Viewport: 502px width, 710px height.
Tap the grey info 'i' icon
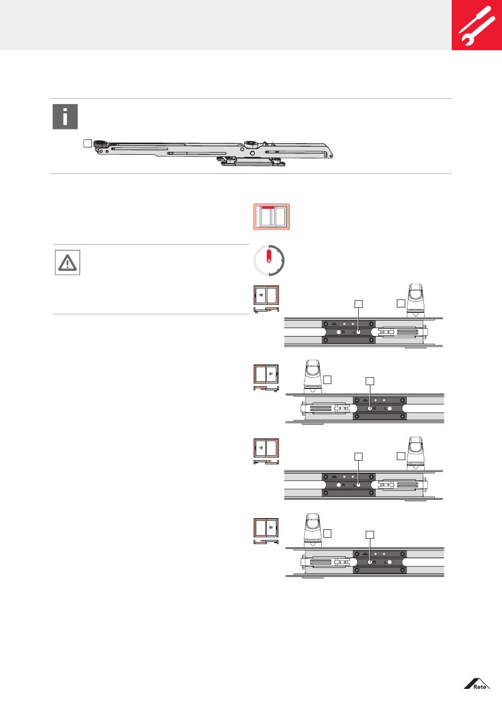click(x=65, y=117)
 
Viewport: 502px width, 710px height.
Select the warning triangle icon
click(x=68, y=263)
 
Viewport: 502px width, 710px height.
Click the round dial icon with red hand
click(x=269, y=260)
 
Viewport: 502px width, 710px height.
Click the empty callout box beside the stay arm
click(x=88, y=143)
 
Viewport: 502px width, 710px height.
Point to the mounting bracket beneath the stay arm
click(x=253, y=161)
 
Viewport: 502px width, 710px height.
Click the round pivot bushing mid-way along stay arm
click(x=250, y=145)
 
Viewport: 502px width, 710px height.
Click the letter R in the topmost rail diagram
click(x=343, y=332)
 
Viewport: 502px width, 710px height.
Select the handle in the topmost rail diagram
click(x=416, y=299)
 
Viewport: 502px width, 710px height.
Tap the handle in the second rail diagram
click(x=312, y=376)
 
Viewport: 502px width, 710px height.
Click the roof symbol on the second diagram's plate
click(x=365, y=401)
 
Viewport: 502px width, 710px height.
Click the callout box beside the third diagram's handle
click(x=401, y=455)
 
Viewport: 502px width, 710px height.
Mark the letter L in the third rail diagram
click(x=354, y=485)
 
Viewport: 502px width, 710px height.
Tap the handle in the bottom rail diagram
click(x=312, y=529)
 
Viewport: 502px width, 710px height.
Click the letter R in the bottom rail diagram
click(x=375, y=563)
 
